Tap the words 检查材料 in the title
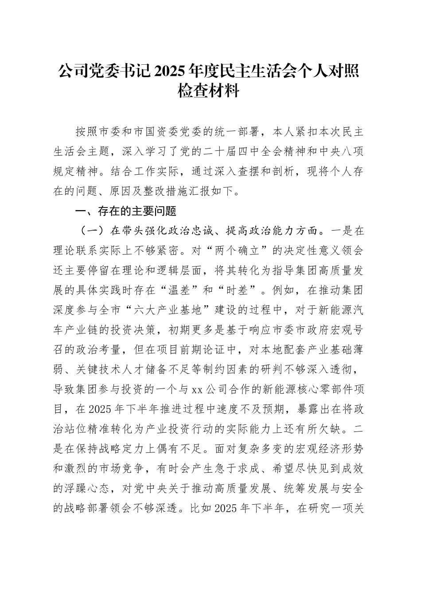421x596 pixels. (x=210, y=91)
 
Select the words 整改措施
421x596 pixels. (x=172, y=191)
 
